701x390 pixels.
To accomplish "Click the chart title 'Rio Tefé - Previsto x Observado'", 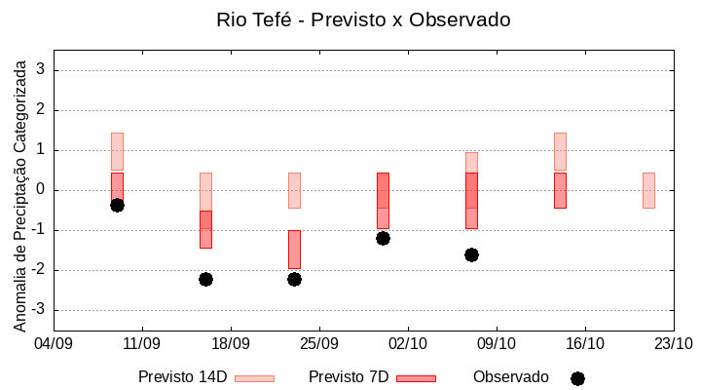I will (x=363, y=19).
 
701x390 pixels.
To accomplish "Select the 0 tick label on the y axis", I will (x=41, y=190).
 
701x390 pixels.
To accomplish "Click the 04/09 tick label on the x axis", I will (x=54, y=343).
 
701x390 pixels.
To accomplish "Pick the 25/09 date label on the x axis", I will (x=318, y=343).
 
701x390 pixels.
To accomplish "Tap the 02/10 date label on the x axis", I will (x=407, y=343).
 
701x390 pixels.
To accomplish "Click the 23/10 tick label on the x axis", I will (x=673, y=343).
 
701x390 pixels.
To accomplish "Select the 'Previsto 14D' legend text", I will (x=183, y=377).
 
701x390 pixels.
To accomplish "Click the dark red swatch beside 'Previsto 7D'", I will (x=416, y=378).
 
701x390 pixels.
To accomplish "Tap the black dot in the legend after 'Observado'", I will (x=577, y=378).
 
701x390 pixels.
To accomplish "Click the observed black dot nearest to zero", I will (x=117, y=205).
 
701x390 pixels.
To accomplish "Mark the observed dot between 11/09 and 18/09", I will (x=205, y=279).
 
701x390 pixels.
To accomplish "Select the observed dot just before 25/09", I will (x=294, y=279).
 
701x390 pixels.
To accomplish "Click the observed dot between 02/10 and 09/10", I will (x=471, y=254).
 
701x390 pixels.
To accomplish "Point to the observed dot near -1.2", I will (x=383, y=238).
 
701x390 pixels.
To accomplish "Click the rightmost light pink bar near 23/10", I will (x=648, y=190).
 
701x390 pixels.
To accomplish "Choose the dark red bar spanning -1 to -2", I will (x=294, y=249).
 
